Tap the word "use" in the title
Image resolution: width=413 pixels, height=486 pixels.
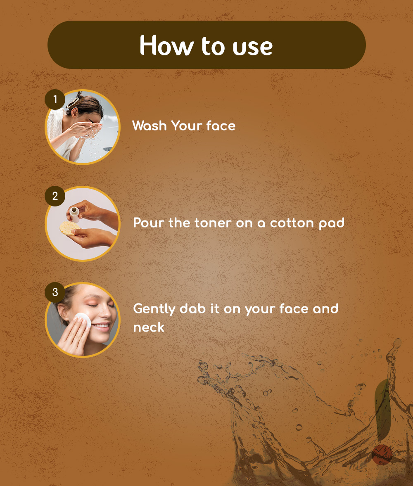[x=252, y=48]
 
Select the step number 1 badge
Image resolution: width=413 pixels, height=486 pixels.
[x=55, y=100]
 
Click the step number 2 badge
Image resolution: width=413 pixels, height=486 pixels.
[x=55, y=196]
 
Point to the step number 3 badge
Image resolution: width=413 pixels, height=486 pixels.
[x=55, y=292]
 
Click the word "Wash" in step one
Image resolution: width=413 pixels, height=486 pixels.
[x=150, y=126]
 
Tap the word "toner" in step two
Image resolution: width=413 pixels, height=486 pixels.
[x=213, y=223]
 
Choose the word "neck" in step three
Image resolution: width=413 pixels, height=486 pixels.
[x=149, y=327]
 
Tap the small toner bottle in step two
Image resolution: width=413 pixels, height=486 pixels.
[x=74, y=214]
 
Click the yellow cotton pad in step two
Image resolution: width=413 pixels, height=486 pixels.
[x=69, y=228]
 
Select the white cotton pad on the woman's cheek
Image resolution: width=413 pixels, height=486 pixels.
[x=83, y=320]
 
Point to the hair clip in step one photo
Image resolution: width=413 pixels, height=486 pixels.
[x=73, y=102]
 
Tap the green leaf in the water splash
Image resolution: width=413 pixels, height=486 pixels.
[x=383, y=409]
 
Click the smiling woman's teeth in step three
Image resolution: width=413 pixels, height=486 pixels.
[x=102, y=326]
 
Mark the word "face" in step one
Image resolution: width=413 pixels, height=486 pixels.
[x=221, y=126]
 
